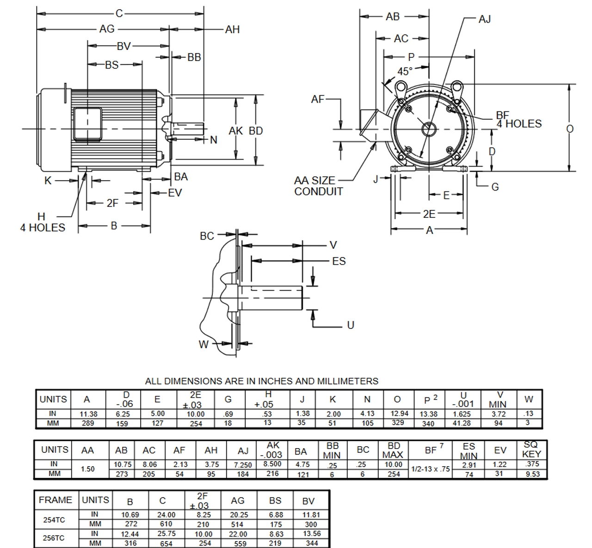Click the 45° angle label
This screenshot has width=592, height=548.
[x=405, y=71]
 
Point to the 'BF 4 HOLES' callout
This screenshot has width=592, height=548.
[x=518, y=120]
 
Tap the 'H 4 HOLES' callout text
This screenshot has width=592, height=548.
[x=42, y=222]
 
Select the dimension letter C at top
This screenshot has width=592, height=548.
[x=119, y=13]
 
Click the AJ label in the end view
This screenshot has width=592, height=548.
[x=484, y=19]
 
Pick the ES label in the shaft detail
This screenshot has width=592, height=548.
[x=339, y=261]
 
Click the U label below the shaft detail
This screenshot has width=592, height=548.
[x=350, y=325]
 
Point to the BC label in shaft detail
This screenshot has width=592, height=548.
[x=207, y=236]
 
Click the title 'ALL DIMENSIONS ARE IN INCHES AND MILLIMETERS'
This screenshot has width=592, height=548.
[x=261, y=382]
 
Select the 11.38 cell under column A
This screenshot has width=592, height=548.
[x=87, y=414]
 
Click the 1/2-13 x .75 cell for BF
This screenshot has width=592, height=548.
[x=431, y=469]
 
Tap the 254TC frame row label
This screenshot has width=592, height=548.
[x=54, y=519]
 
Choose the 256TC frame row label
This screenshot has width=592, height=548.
[x=54, y=538]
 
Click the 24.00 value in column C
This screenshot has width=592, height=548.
[x=166, y=515]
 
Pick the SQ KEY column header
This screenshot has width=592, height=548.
[x=531, y=449]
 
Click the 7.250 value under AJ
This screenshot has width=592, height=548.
[x=243, y=465]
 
